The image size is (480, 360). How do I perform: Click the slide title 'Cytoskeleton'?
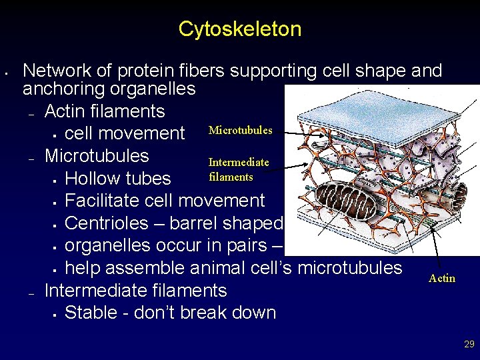(240, 29)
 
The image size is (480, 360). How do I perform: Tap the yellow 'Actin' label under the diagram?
(442, 278)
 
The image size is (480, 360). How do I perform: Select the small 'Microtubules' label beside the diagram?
(240, 130)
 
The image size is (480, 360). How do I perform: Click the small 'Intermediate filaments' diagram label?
(239, 169)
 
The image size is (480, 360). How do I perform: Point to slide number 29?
(469, 344)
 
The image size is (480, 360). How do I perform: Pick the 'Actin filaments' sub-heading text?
(104, 111)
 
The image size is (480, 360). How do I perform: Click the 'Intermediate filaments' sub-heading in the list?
(135, 291)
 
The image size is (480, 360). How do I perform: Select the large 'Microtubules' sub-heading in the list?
(97, 155)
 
